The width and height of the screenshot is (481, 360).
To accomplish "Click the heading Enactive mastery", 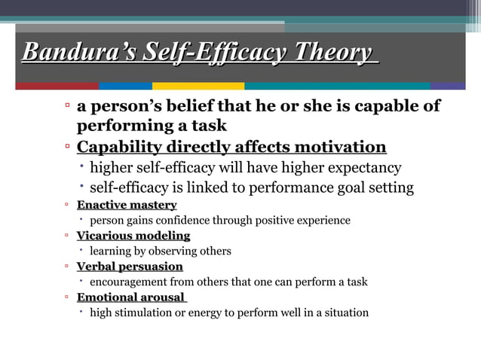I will coord(127,205).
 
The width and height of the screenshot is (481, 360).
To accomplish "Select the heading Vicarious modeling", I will coord(133,236).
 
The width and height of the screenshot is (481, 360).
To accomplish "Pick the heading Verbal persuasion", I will coord(130,267).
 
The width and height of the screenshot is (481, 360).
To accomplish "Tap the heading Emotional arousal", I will coord(130,297).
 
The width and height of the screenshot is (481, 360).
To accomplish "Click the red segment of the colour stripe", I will coord(57,86).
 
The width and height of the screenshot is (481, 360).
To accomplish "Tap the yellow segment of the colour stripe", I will coord(198,86).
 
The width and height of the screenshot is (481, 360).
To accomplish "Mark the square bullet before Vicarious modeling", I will coord(67,236).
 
